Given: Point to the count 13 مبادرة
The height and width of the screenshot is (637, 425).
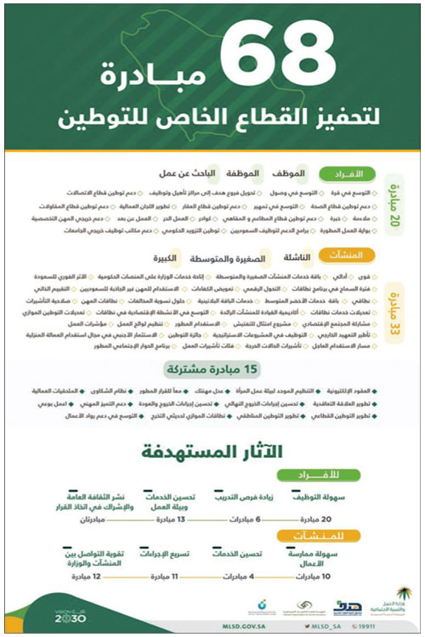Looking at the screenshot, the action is click(169, 517).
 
